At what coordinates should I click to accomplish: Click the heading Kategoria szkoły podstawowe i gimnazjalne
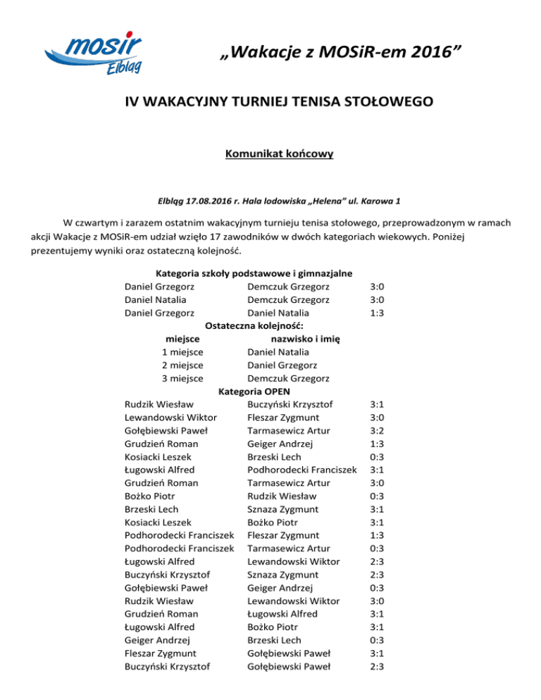253,273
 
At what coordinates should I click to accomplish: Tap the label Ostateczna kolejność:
254,325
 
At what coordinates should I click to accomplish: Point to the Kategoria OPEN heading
254,392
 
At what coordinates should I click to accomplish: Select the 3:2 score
376,430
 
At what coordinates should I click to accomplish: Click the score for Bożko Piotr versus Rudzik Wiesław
376,496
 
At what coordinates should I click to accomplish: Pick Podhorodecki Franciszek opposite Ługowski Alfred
301,470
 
